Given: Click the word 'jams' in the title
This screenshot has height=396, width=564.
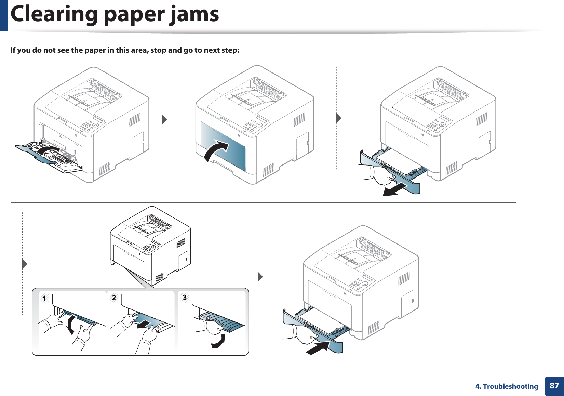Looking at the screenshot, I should (194, 14).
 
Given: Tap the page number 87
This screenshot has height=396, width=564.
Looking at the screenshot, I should (554, 386).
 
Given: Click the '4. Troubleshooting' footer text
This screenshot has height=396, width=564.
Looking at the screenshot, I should (507, 386).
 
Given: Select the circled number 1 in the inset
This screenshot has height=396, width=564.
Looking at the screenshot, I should (44, 298).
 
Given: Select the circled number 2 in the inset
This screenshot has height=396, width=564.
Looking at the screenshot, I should (114, 298).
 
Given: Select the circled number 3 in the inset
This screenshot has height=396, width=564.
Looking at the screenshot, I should (185, 297).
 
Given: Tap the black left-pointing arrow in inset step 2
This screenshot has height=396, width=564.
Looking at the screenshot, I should (144, 324).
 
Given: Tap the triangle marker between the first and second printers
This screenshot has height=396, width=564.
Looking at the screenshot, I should (164, 120).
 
